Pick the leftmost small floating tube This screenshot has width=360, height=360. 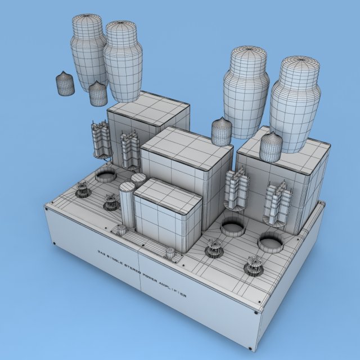[x=65, y=84]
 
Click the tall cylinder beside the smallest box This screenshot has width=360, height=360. [x=127, y=206]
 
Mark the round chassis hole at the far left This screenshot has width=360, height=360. [x=105, y=176]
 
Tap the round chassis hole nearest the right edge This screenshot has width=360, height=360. [x=271, y=242]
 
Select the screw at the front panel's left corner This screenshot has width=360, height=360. [x=54, y=244]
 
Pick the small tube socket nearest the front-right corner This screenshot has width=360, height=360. [x=254, y=266]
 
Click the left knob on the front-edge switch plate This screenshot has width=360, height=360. [x=120, y=229]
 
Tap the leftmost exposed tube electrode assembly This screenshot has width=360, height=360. [x=100, y=140]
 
